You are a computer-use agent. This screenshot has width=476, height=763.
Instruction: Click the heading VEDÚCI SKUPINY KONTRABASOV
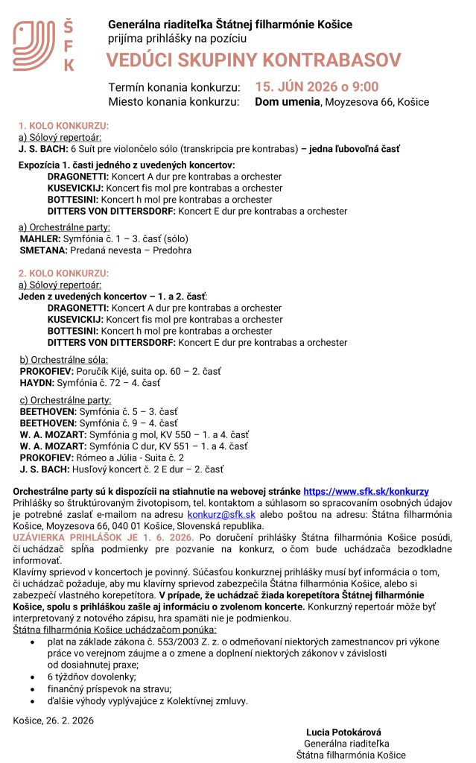pyautogui.click(x=253, y=60)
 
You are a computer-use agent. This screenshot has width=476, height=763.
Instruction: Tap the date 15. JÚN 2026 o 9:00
pyautogui.click(x=317, y=86)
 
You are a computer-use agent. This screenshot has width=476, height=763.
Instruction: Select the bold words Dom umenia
pyautogui.click(x=287, y=102)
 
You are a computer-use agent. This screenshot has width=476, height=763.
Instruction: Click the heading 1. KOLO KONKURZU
pyautogui.click(x=63, y=126)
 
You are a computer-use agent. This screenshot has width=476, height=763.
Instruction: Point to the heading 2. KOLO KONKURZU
pyautogui.click(x=63, y=273)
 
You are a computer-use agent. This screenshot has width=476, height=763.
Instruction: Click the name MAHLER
pyautogui.click(x=39, y=238)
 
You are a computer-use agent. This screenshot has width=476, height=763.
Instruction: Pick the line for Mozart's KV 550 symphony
pyautogui.click(x=134, y=434)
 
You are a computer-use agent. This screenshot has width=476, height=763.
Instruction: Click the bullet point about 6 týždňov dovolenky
pyautogui.click(x=90, y=677)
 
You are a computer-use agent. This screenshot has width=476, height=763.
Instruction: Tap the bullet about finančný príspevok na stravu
pyautogui.click(x=109, y=688)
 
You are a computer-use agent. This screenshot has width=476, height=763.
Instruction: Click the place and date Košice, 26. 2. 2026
pyautogui.click(x=54, y=720)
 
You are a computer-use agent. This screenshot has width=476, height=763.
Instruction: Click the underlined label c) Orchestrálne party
pyautogui.click(x=59, y=400)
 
